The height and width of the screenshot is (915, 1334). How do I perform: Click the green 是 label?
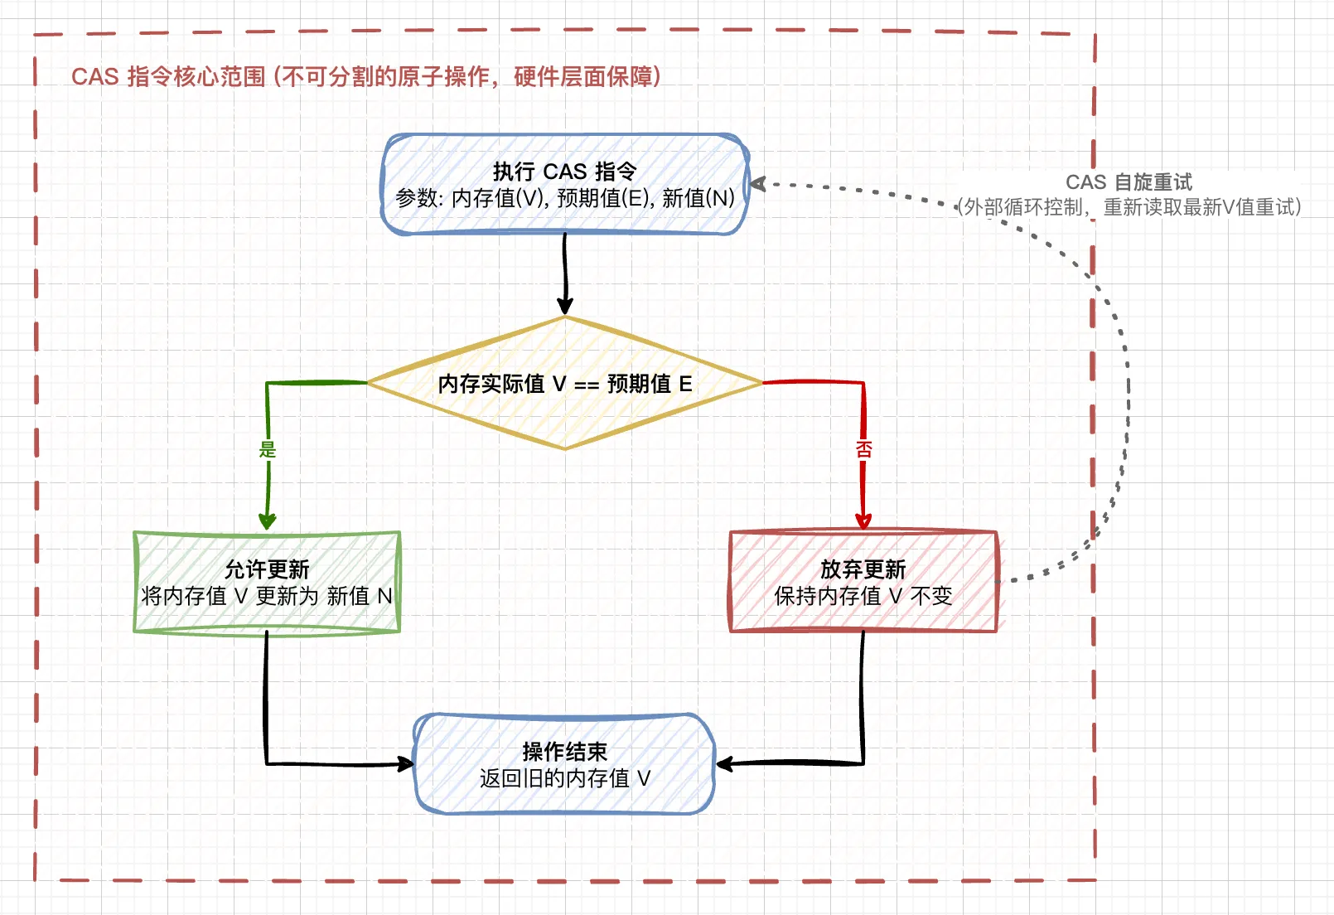pos(267,449)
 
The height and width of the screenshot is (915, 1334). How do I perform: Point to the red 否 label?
pos(863,449)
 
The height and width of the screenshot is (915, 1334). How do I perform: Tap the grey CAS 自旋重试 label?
pos(1129,182)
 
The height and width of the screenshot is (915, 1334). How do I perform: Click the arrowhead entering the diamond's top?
pos(565,306)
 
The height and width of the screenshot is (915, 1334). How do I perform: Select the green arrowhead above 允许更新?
pos(267,521)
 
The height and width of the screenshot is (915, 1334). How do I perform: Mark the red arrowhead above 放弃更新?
pos(863,521)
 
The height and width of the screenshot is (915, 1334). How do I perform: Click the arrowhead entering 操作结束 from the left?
pos(406,763)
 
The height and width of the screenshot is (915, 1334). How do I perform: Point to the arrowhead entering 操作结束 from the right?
pos(724,763)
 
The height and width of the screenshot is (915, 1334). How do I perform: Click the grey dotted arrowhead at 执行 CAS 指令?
pos(757,184)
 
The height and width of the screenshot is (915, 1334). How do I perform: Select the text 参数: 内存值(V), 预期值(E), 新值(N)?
pos(565,199)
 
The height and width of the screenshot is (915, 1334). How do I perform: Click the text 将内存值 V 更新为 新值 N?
pos(267,596)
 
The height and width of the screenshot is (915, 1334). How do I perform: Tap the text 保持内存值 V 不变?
pos(863,596)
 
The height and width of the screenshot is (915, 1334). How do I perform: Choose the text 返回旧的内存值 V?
pos(564,778)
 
